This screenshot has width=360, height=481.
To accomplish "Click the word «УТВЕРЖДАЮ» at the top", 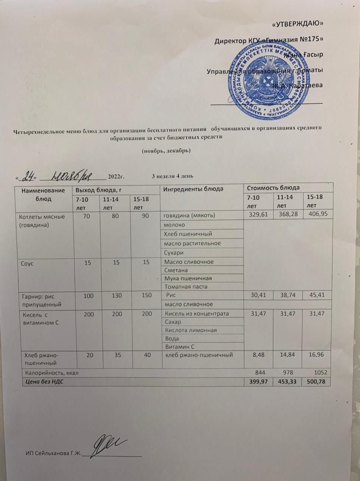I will point(298,24).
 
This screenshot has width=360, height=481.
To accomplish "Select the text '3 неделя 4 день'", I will point(172,176).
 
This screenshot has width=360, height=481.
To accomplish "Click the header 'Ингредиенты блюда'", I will point(193,189).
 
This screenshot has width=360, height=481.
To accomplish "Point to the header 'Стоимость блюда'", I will point(273,188).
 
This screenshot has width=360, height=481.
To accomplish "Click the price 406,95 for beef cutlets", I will point(318,215).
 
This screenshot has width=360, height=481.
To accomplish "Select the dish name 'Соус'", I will point(27,263).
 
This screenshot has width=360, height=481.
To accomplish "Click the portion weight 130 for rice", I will point(117,296).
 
